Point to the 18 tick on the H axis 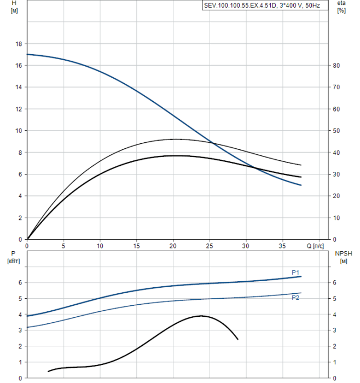click(x=19, y=44)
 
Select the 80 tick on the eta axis click(x=337, y=66)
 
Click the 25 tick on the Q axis click(x=210, y=246)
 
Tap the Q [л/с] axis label click(x=316, y=246)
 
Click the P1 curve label click(x=295, y=272)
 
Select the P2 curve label click(x=295, y=297)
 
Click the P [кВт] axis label click(x=14, y=257)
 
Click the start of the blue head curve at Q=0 click(x=27, y=54)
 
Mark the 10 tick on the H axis click(x=19, y=131)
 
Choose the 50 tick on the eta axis click(x=337, y=131)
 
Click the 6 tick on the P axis click(x=21, y=282)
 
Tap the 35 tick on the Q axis click(x=282, y=246)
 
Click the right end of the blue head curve click(x=301, y=185)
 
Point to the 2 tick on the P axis click(x=21, y=346)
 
